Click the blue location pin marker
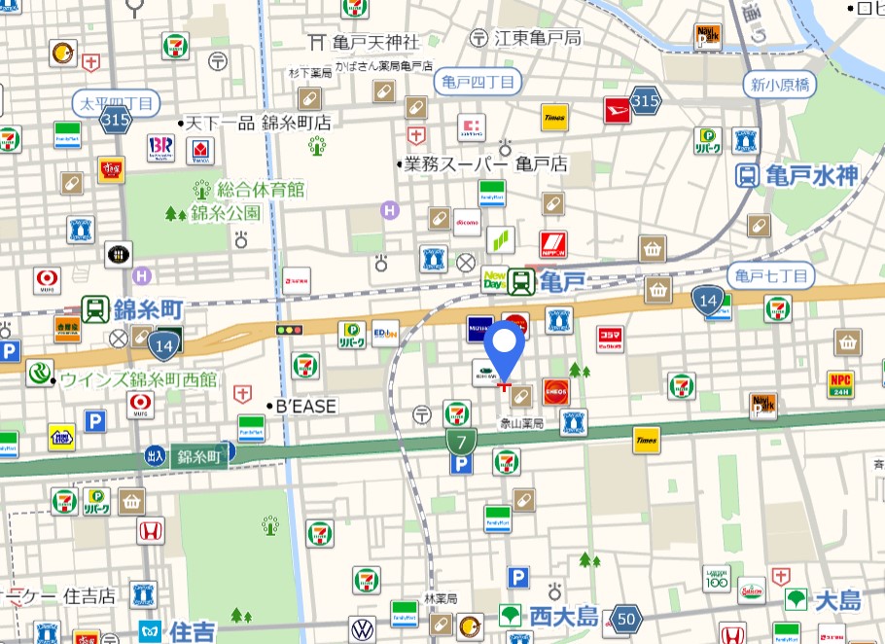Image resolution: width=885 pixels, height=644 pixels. [x=505, y=351]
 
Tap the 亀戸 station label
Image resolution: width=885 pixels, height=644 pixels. [x=561, y=282]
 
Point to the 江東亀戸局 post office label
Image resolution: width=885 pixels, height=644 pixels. [x=538, y=38]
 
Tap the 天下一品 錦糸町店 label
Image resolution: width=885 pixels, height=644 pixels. [x=257, y=123]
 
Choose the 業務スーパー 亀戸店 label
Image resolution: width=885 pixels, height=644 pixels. [x=485, y=164]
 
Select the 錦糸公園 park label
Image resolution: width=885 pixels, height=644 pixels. [x=225, y=212]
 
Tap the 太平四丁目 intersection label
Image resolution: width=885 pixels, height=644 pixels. [x=115, y=102]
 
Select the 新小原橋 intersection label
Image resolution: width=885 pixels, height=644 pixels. [x=780, y=85]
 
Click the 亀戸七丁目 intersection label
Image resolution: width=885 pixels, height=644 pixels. [x=772, y=276]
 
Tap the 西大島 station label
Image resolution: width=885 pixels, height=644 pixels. [x=563, y=616]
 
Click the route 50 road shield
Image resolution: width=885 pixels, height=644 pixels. [x=627, y=618]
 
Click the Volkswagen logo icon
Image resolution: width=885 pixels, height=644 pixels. [x=362, y=628]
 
